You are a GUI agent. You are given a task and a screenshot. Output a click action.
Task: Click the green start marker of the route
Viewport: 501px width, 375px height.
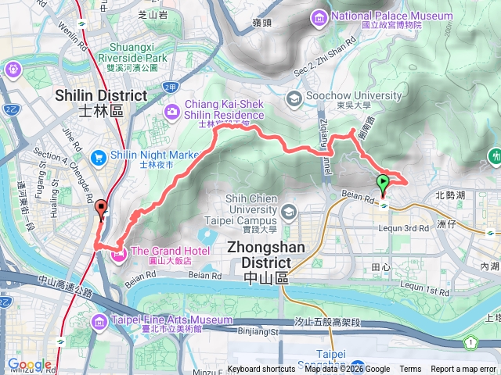click(383, 185)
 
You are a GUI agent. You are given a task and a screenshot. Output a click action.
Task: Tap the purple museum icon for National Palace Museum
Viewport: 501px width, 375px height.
click(319, 16)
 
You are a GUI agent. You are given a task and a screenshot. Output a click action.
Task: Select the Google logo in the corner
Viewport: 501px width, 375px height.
click(28, 365)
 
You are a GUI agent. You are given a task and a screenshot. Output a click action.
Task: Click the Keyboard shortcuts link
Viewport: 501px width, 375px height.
click(261, 370)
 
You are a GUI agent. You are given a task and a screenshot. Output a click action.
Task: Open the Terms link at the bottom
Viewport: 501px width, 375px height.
click(409, 370)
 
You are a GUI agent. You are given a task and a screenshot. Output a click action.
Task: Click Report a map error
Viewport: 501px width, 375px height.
click(463, 370)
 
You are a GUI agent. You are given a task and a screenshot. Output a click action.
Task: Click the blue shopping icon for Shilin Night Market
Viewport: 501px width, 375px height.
click(99, 156)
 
